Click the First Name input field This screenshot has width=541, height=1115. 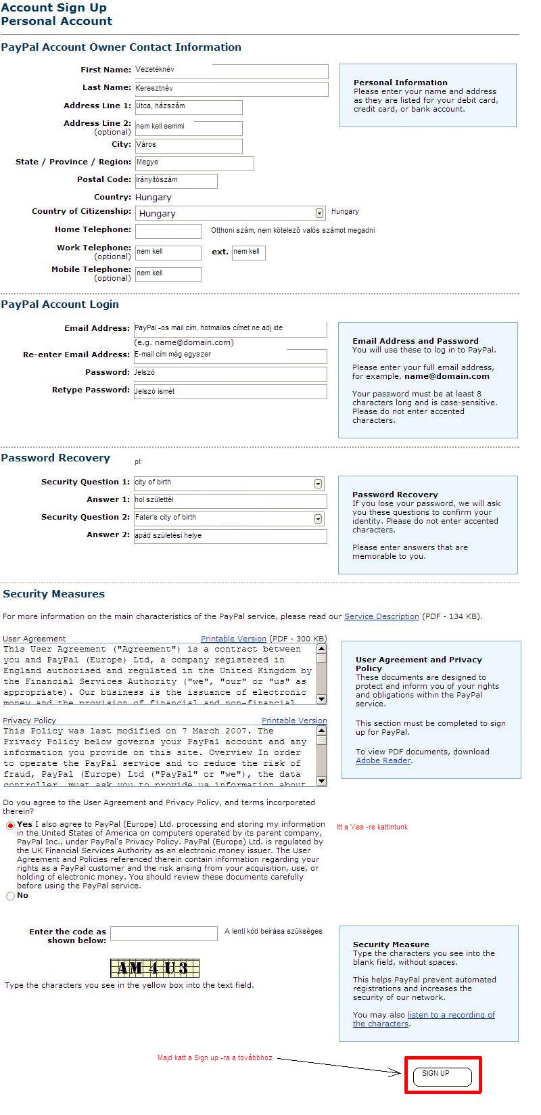coord(231,71)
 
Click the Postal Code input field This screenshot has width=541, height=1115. coord(176,181)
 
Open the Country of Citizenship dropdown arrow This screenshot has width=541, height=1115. coord(320,213)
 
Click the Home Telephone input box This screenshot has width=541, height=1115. coord(168,231)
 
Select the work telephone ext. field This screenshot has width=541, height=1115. coord(248,252)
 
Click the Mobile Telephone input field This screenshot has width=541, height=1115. coord(168,274)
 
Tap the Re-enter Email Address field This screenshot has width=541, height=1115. coord(230,356)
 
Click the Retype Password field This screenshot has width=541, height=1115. coord(230,392)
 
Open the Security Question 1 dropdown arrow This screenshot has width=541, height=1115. coord(319,484)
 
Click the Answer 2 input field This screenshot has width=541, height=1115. coord(230,537)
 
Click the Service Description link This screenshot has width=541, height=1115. coord(381,616)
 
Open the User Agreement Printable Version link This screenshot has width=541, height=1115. coord(233,639)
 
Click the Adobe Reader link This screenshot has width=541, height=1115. coord(383,760)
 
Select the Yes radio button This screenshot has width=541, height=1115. coord(10,825)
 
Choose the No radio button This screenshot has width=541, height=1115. coord(10,896)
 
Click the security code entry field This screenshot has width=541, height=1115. coord(164,934)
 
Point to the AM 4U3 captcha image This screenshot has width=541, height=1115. coord(155,968)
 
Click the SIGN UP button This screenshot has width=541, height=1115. coord(442,1076)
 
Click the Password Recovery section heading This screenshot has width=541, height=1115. coord(55,458)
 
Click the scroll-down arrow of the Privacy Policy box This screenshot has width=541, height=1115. coord(322,781)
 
